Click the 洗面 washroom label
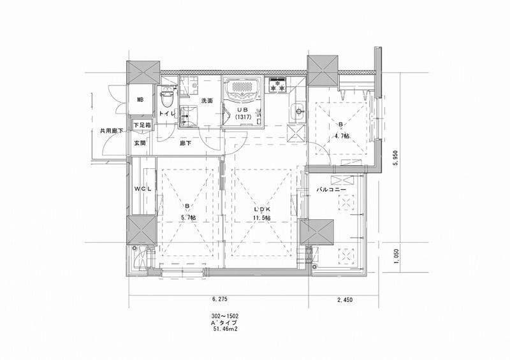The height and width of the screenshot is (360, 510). coord(207,101)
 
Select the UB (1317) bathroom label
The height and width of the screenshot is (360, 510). coord(242,113)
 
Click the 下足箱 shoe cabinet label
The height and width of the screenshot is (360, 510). coord(142,125)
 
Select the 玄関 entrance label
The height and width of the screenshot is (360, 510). coord(140,143)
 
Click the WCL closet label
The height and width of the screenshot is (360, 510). coord(142,190)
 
